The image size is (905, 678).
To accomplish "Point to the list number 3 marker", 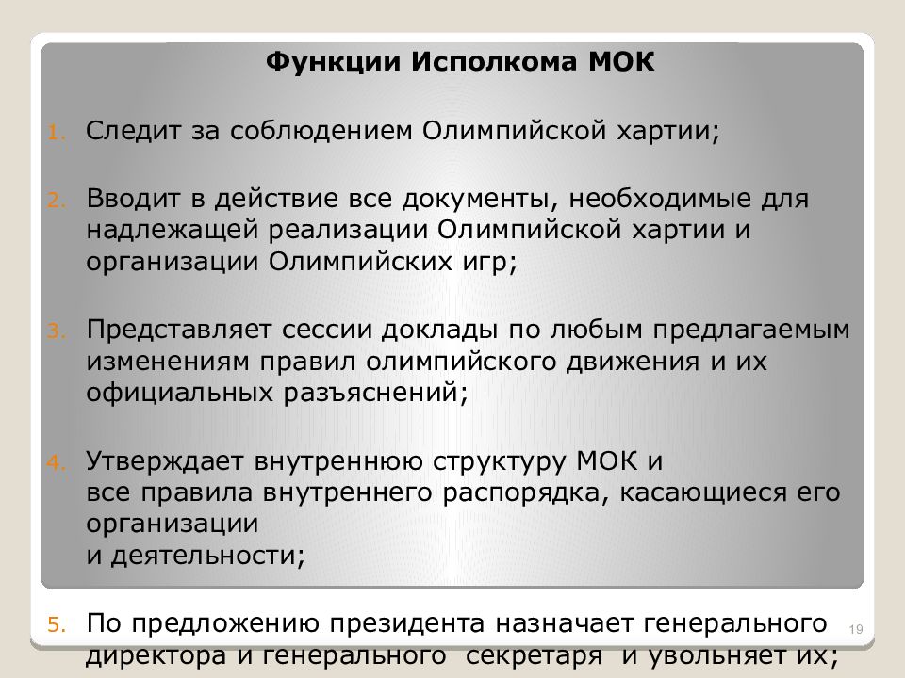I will click(x=55, y=331).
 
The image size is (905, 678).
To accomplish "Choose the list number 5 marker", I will click(x=55, y=624).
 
